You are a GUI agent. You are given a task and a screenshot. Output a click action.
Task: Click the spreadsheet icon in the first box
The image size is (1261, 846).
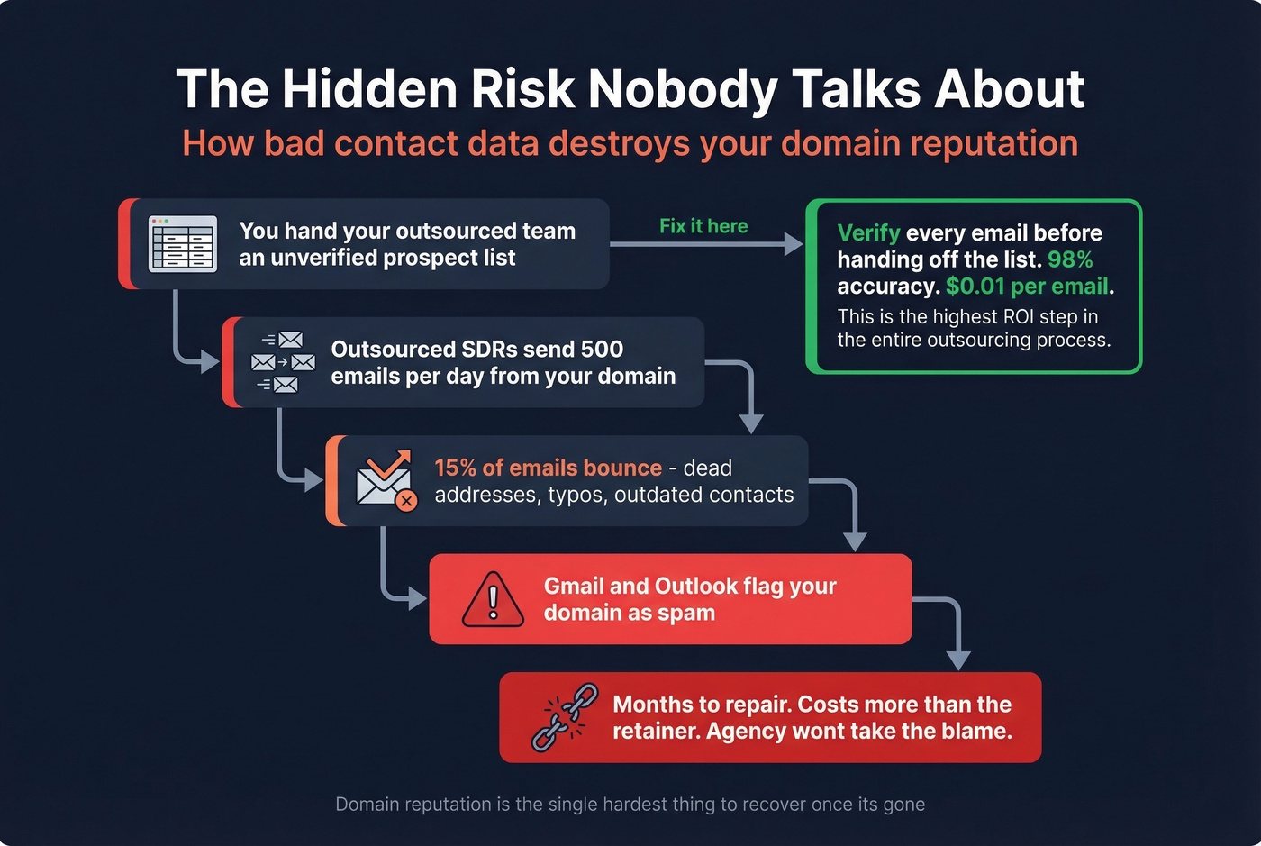point(183,243)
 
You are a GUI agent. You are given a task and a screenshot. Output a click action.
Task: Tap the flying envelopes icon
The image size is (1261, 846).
point(284,362)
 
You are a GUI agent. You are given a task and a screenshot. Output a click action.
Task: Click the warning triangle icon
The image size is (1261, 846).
point(493,599)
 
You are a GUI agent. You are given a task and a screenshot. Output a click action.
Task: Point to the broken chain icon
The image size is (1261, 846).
point(565,717)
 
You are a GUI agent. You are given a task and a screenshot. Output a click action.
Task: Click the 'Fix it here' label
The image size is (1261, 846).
point(703,226)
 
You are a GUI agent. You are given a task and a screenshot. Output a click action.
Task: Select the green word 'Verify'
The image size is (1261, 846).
point(868,233)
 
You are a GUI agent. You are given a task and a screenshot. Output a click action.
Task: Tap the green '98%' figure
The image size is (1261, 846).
point(1070,259)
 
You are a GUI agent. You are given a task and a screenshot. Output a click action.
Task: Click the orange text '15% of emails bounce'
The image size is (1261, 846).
point(548,468)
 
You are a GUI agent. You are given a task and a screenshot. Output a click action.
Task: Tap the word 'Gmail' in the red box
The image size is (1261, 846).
point(574,587)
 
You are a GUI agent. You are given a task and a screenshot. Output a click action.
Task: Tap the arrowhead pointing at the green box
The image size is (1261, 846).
point(794,244)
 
